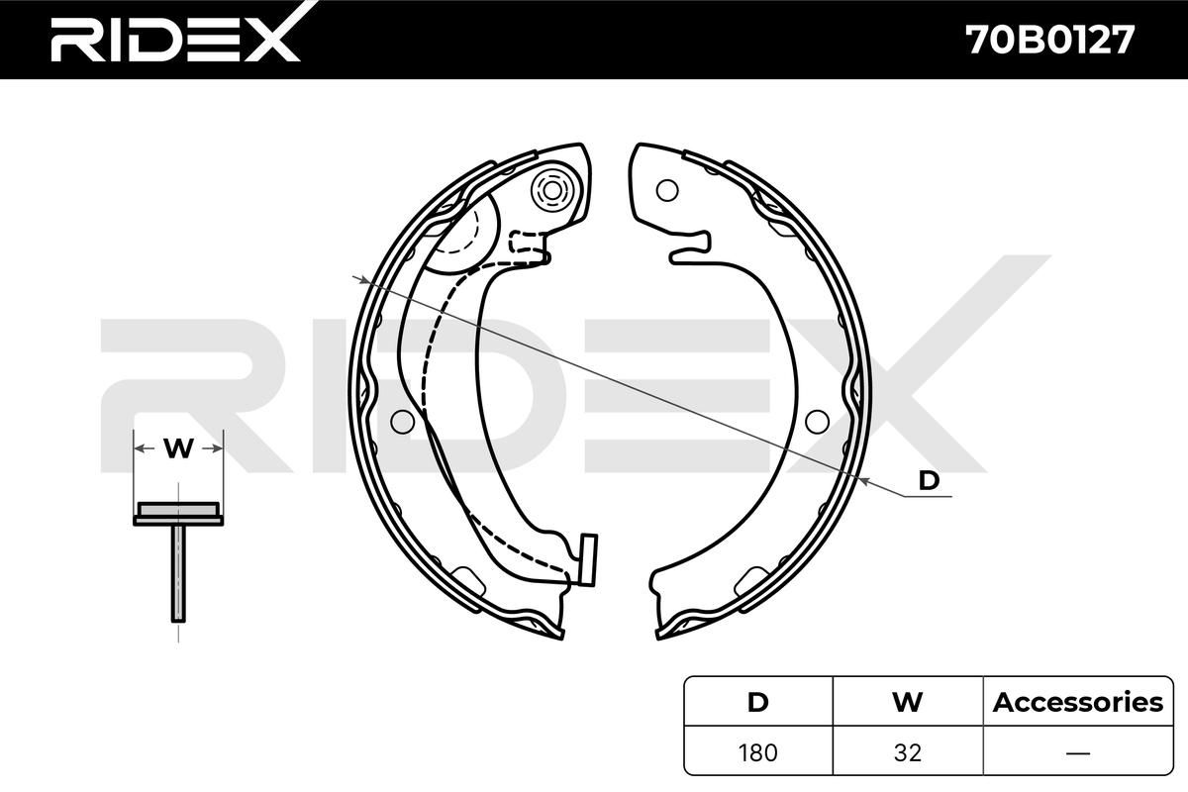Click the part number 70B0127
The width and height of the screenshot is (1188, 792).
pyautogui.click(x=1050, y=40)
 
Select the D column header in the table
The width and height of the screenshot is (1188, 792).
pyautogui.click(x=758, y=702)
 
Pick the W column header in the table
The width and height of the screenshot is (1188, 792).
pyautogui.click(x=908, y=702)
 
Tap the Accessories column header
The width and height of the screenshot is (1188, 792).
pyautogui.click(x=1078, y=702)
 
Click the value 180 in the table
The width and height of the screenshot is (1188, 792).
pyautogui.click(x=758, y=752)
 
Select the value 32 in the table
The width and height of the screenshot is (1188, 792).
pyautogui.click(x=908, y=752)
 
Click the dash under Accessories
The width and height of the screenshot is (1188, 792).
pyautogui.click(x=1078, y=752)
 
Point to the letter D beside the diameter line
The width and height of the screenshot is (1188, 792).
pyautogui.click(x=929, y=480)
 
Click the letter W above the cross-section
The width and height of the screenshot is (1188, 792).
pyautogui.click(x=178, y=448)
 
